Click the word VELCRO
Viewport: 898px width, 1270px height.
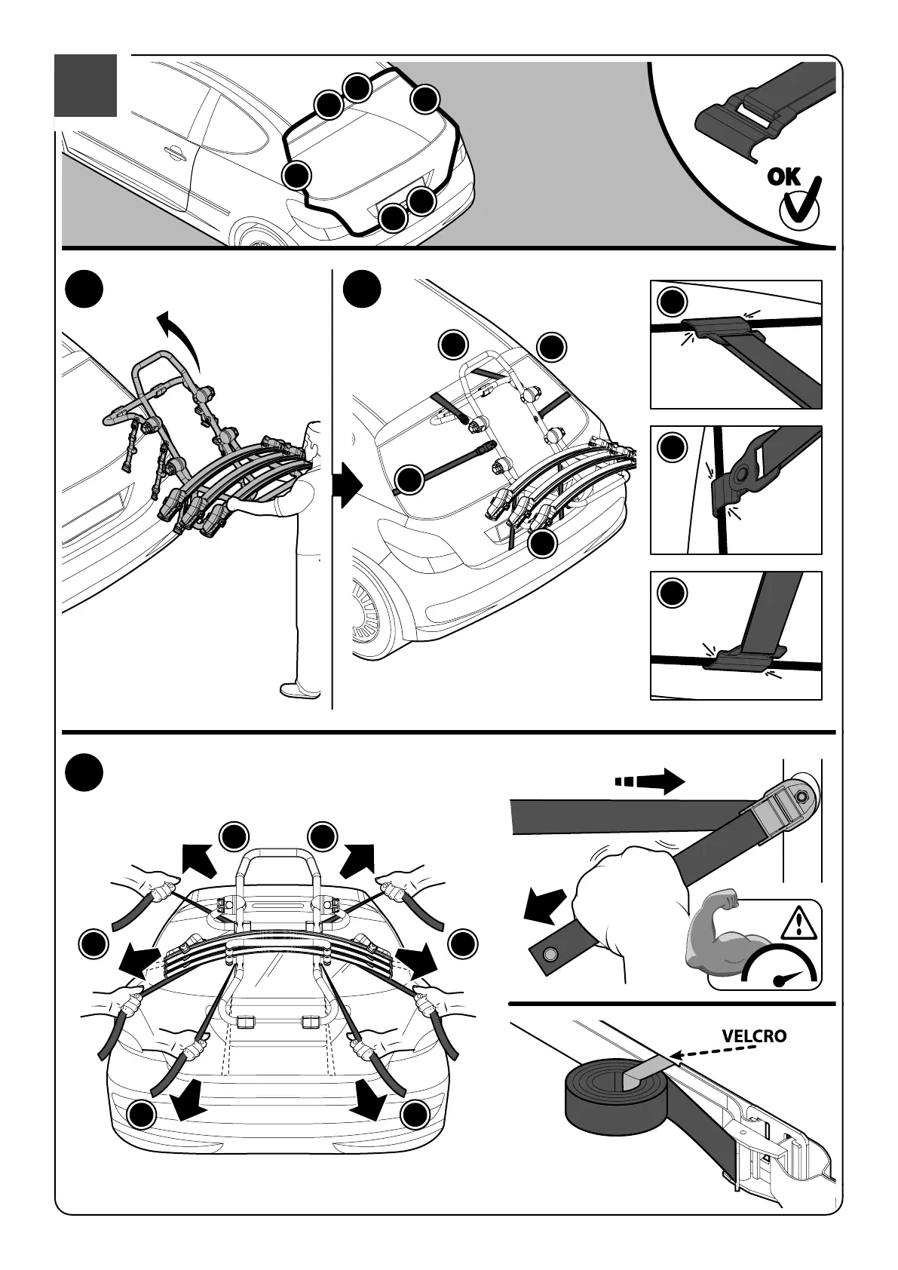coord(753,1035)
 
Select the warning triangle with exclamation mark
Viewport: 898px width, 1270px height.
coord(795,922)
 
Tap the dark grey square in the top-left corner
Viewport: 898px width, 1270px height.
coord(86,85)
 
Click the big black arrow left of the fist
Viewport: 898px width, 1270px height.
coord(544,904)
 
